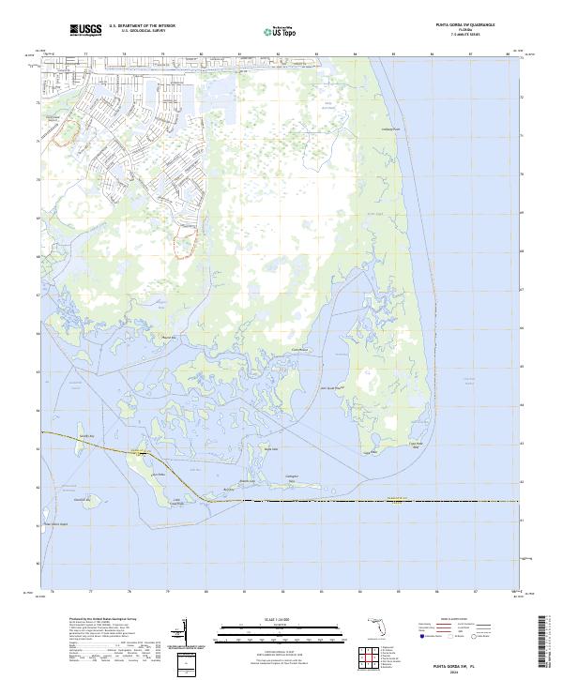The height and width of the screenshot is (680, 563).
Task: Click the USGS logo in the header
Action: pos(85,30)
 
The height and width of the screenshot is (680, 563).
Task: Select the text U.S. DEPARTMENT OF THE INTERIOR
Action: pos(142,26)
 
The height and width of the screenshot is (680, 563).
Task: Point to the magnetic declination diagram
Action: pos(187,630)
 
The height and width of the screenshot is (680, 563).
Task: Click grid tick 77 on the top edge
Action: pos(86,54)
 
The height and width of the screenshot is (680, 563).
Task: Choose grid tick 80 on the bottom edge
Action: pos(205,592)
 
